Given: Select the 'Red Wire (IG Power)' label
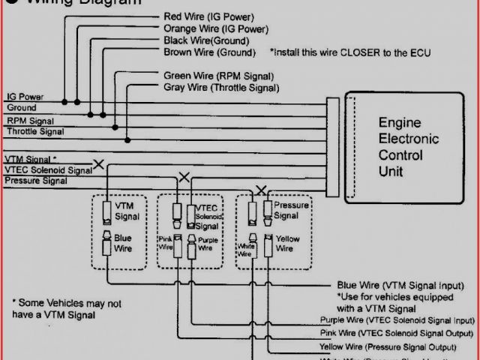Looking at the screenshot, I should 208,16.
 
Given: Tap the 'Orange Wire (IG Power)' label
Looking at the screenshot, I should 215,29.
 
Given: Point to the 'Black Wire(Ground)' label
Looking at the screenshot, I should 207,40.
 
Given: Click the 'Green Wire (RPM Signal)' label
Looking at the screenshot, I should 218,76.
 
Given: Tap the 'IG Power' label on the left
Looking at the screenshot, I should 25,97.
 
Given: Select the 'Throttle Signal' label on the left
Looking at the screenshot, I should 34,131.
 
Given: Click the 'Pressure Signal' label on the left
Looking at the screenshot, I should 36,181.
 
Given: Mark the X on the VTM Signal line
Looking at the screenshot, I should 98,163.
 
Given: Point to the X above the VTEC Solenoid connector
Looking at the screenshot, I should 184,178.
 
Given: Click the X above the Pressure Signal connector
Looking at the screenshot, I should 261,190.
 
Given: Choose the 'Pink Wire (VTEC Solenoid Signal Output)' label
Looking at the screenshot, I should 397,333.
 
